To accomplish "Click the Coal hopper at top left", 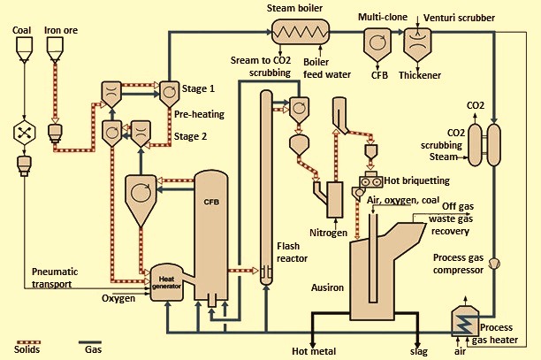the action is coord(25,49).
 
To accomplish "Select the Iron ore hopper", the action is coord(55,49).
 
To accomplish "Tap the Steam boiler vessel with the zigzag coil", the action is coord(301,32).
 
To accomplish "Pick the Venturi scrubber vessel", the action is coord(417,44).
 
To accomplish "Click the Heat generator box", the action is coord(166,283).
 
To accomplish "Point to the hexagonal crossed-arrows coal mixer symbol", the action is coord(24,133).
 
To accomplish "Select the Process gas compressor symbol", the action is coord(494,264).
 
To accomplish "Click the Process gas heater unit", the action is coord(465,321).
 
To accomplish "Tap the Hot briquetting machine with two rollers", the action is coord(371,180).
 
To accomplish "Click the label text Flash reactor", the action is coord(292,252).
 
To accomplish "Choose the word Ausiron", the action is coord(327,287).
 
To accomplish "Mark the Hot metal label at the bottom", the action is coord(314,351).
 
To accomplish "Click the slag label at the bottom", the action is coord(419,352).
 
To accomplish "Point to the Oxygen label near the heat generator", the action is coord(118,298).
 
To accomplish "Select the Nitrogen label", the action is coord(328,233).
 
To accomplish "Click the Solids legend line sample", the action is coord(27,342).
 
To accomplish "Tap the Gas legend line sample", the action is coord(90,342).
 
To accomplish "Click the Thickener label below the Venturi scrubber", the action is coord(420,75).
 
